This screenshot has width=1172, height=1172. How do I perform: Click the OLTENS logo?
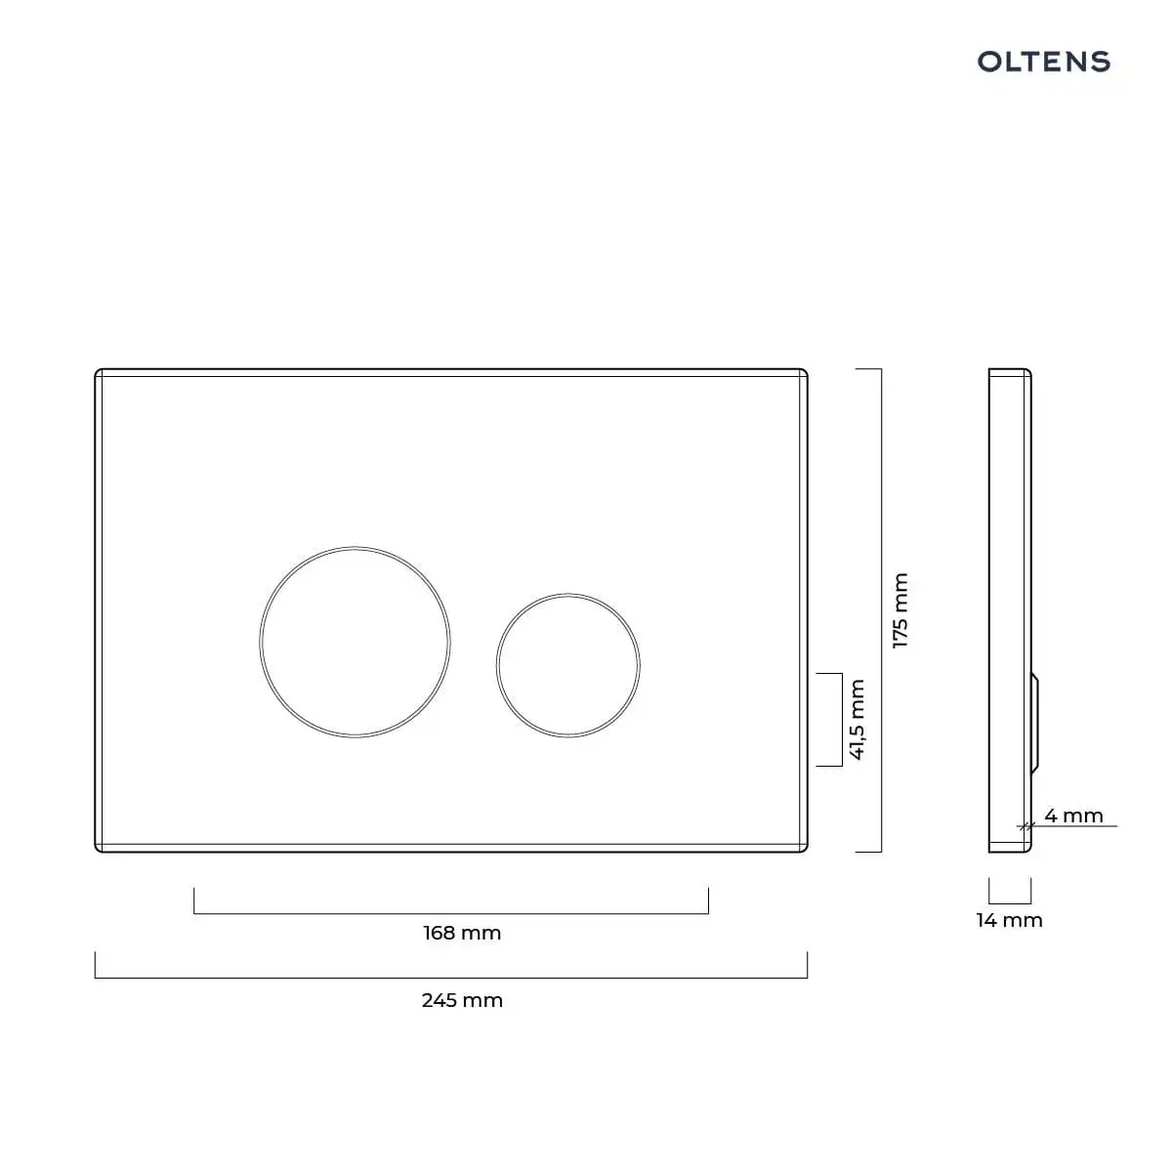[1044, 62]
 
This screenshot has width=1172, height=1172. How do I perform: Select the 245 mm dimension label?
[462, 1000]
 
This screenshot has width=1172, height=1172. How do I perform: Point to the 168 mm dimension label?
[462, 933]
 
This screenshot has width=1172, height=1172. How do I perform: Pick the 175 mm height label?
[900, 610]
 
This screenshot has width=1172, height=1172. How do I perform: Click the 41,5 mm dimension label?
[857, 720]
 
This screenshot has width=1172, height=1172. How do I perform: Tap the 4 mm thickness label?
[1074, 816]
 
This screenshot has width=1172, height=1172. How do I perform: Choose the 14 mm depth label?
[1010, 920]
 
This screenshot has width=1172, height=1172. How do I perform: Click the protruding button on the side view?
[1034, 723]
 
